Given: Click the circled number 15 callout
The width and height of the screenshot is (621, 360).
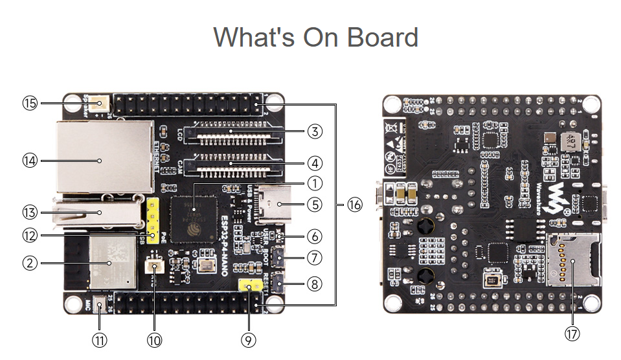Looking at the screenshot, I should [30, 103].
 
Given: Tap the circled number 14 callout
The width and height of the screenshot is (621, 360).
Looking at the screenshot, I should [30, 160].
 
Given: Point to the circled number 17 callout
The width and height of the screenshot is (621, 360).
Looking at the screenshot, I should [572, 333].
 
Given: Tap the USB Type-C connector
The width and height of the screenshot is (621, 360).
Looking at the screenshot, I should [276, 204].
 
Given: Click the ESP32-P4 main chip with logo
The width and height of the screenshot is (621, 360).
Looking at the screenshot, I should [193, 215].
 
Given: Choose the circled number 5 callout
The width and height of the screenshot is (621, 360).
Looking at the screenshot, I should [314, 205].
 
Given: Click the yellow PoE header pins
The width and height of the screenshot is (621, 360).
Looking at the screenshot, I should [153, 220].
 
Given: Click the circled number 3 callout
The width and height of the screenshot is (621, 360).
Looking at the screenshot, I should [314, 131].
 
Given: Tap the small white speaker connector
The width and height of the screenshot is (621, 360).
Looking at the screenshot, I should [100, 102].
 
